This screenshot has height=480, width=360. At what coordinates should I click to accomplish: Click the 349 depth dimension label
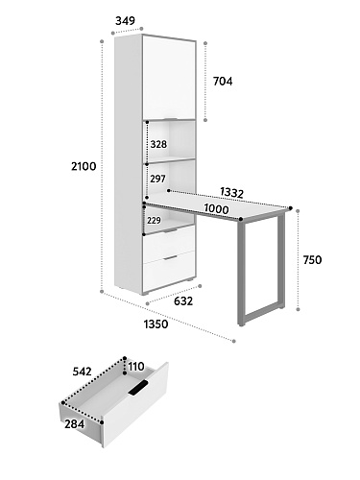pyautogui.click(x=125, y=21)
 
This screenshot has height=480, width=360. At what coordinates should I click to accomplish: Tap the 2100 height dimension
pyautogui.click(x=84, y=166)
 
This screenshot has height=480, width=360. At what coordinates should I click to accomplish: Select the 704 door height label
pyautogui.click(x=223, y=82)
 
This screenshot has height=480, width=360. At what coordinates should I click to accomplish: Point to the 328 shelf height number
pyautogui.click(x=158, y=144)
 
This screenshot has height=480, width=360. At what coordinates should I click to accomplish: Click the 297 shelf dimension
pyautogui.click(x=158, y=179)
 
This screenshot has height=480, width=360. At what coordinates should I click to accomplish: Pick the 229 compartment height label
pyautogui.click(x=154, y=220)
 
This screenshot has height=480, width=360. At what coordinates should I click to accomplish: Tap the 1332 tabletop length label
pyautogui.click(x=232, y=193)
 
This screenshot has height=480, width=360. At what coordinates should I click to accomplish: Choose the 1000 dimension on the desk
pyautogui.click(x=216, y=209)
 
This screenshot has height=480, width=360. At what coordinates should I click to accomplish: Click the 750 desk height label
pyautogui.click(x=312, y=260)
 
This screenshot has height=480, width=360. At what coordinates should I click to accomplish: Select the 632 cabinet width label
pyautogui.click(x=183, y=301)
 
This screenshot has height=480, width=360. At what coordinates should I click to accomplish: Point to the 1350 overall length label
pyautogui.click(x=156, y=324)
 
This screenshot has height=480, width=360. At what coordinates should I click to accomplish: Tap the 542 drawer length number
pyautogui.click(x=83, y=372)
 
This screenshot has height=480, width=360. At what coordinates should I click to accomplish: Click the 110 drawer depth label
pyautogui.click(x=136, y=367)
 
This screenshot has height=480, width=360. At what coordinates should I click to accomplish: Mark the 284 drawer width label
pyautogui.click(x=75, y=424)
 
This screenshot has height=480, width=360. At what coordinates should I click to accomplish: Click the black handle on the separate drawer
pyautogui.click(x=138, y=388)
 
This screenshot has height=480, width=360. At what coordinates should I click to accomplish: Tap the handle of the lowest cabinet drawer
pyautogui.click(x=171, y=257)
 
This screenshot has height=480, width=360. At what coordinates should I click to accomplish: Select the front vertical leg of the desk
pyautogui.click(x=241, y=272)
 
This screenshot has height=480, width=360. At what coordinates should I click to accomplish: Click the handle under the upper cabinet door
pyautogui.click(x=170, y=119)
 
